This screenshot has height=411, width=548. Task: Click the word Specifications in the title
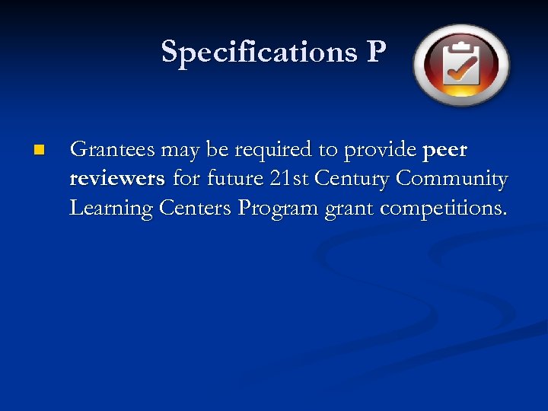(x=254, y=52)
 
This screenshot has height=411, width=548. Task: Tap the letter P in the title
(x=375, y=52)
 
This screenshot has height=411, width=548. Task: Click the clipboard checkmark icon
(x=461, y=64)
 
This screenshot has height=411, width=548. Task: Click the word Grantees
(x=113, y=150)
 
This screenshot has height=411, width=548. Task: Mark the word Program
(x=278, y=207)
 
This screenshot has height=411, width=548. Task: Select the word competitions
(x=442, y=207)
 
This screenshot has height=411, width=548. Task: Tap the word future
(x=218, y=179)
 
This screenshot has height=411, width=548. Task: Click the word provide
(x=379, y=150)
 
